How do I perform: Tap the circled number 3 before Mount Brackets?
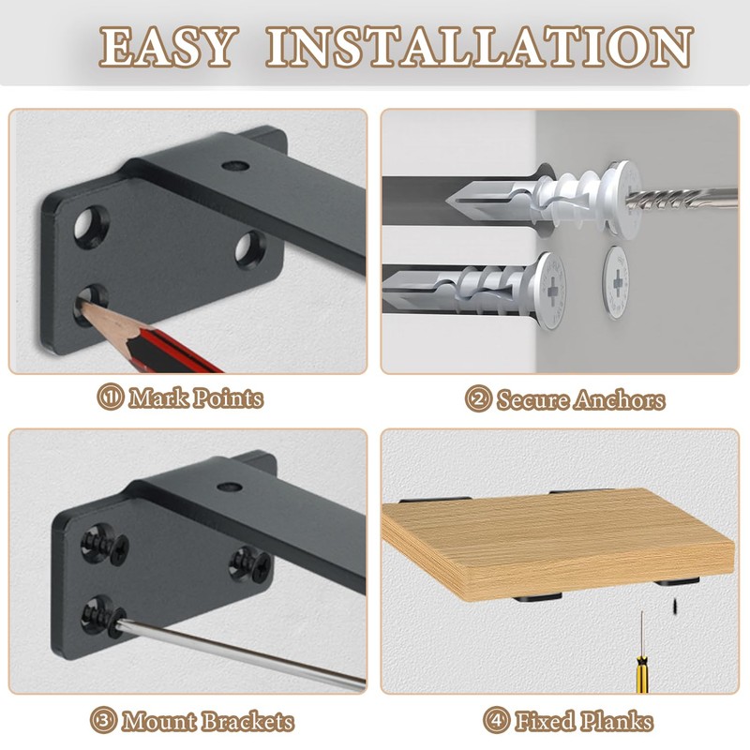pos(104,722)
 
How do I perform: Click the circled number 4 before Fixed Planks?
pos(496,722)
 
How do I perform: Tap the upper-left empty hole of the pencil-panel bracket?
pos(88,224)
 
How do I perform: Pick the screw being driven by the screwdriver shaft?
pos(96,618)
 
